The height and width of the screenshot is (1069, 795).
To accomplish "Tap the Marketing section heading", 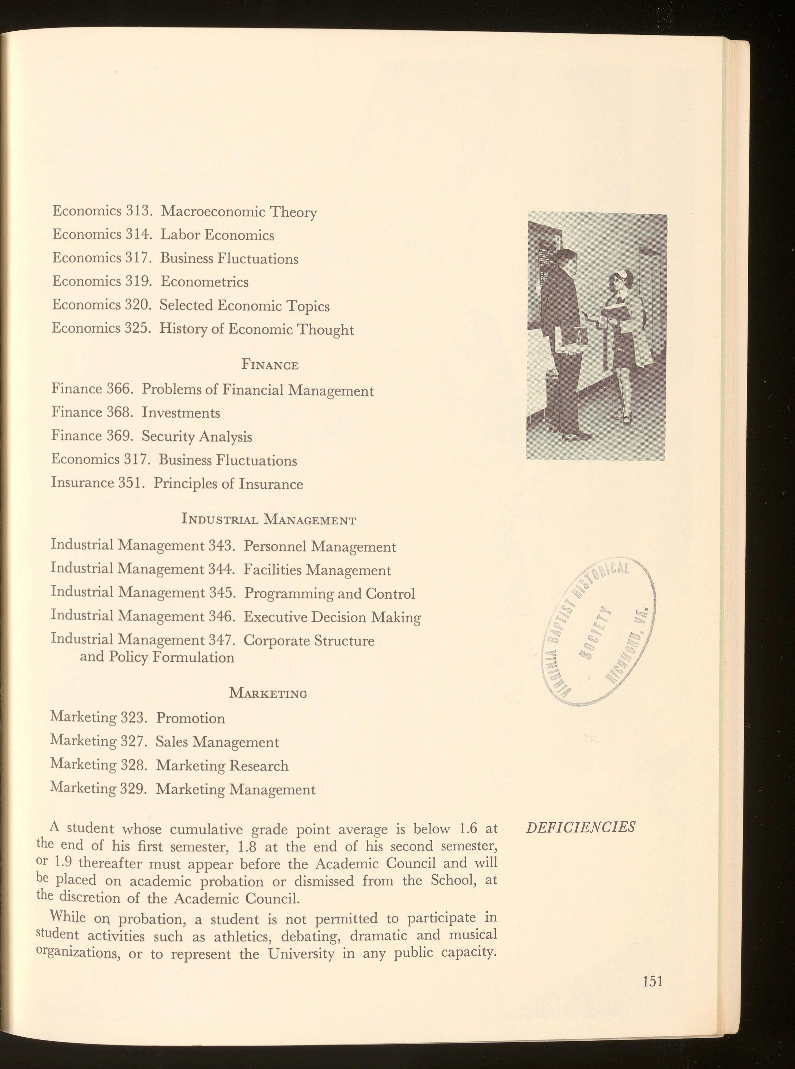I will click(268, 694).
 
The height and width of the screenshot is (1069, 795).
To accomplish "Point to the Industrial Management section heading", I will click(269, 520).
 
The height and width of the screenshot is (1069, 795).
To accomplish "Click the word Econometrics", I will click(205, 281).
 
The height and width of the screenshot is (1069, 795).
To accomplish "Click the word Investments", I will click(181, 413).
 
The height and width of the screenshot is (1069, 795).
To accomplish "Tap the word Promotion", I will click(191, 718).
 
